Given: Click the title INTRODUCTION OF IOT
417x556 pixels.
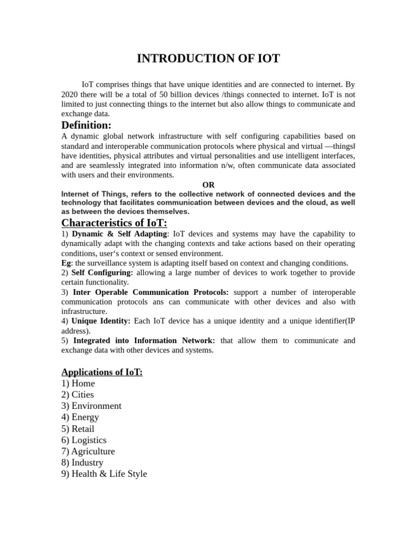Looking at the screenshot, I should (208, 59).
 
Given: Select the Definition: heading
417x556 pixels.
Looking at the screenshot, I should (86, 125).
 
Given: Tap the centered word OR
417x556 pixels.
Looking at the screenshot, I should (208, 185).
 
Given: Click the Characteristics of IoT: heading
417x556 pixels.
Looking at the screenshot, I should (114, 223).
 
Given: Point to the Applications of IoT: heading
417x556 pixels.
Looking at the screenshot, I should (102, 372).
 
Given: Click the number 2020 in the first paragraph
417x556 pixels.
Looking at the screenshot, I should (71, 94).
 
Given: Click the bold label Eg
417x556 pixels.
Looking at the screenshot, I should (66, 263).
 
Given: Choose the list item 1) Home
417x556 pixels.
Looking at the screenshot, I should (78, 383).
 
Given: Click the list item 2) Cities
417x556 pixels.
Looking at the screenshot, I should (78, 395).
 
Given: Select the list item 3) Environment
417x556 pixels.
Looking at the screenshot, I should (91, 406).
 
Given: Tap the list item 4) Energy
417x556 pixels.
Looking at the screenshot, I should (80, 418).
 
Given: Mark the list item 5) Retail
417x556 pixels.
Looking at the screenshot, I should (78, 429).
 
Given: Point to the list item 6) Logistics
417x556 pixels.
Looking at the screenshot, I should (84, 440).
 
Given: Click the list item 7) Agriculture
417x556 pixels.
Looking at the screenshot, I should (88, 452).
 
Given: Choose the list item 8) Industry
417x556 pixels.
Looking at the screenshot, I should (82, 463).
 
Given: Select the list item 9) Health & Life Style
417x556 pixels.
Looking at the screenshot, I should (104, 474).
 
